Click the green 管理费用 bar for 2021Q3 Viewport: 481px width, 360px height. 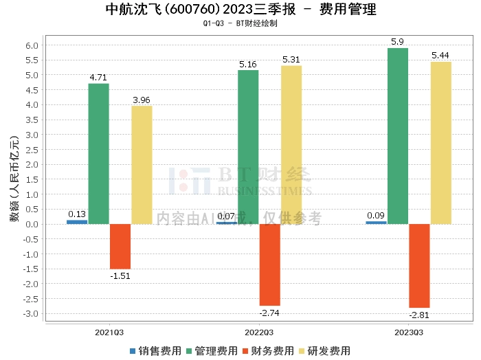(98, 154)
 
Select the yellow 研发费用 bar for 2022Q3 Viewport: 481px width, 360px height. (291, 145)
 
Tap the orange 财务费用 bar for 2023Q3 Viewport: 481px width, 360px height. (419, 266)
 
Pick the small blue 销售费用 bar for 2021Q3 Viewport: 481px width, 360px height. (77, 222)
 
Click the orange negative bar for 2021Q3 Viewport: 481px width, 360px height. (120, 247)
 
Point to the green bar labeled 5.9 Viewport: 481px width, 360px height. (398, 136)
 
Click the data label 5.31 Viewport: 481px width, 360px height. (291, 60)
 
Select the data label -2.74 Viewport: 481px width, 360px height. (269, 313)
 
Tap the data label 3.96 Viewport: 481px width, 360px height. (142, 100)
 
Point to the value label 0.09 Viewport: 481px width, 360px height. (376, 215)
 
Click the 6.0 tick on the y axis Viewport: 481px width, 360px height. (32, 46)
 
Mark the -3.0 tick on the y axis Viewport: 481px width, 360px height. (30, 314)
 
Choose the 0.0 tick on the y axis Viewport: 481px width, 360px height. (32, 225)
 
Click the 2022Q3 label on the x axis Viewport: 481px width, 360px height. (259, 333)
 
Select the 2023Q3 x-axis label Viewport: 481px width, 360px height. (409, 333)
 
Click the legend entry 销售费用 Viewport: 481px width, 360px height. (155, 351)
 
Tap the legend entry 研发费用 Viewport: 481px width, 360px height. (325, 351)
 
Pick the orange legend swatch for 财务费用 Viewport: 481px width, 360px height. (245, 351)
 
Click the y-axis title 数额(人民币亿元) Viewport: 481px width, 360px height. (14, 179)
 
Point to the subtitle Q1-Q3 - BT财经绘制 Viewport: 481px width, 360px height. (240, 23)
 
